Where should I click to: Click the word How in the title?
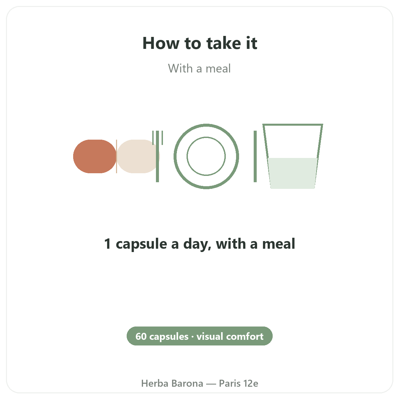point(161,43)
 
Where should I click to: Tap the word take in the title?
point(224,43)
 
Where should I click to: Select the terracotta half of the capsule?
point(95,156)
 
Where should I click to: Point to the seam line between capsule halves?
point(117,156)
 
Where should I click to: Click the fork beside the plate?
point(158,156)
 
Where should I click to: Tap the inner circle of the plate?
point(206,137)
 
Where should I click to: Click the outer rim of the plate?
point(206,125)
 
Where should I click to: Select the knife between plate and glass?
point(255,156)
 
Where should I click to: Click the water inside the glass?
point(293,173)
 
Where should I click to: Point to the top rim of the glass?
point(293,125)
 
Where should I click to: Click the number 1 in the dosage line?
point(107,244)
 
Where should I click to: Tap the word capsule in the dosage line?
point(141,244)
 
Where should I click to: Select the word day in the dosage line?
point(197,244)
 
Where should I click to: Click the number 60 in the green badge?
point(141,336)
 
